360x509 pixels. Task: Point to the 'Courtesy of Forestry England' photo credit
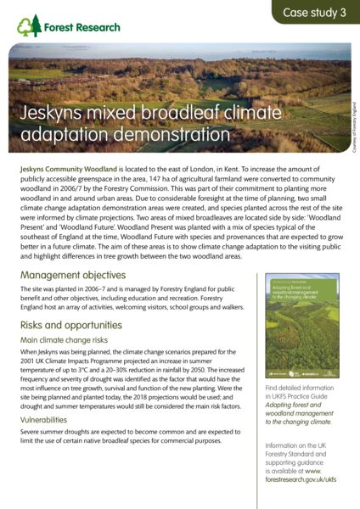353,128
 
